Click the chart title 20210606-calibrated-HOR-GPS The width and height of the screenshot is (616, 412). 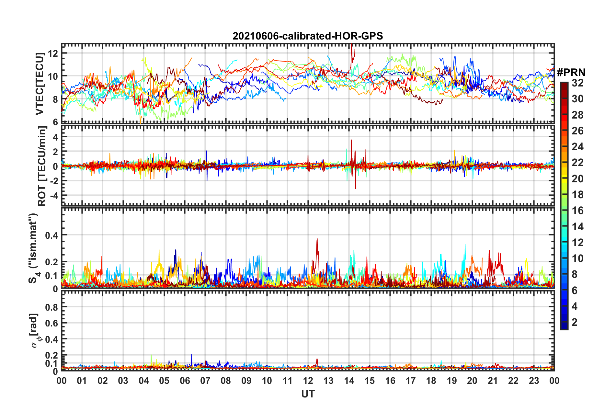click(x=308, y=36)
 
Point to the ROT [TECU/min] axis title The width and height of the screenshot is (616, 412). click(x=42, y=166)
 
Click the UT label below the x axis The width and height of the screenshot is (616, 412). click(x=308, y=394)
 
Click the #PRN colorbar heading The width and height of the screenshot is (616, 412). click(x=571, y=72)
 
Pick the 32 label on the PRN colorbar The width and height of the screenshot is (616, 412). click(x=577, y=83)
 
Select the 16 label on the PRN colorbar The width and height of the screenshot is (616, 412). click(x=577, y=211)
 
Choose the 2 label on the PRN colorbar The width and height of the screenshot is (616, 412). click(x=575, y=322)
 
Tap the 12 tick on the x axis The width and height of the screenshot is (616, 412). click(x=308, y=381)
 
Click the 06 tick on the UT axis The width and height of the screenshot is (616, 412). click(x=185, y=381)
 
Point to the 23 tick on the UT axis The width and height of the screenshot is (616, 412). click(x=534, y=381)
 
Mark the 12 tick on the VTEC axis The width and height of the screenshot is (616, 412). click(x=53, y=53)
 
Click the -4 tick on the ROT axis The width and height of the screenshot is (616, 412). click(x=54, y=196)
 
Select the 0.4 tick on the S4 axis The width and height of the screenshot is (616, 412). click(x=51, y=235)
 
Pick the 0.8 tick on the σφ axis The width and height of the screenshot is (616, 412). click(x=51, y=307)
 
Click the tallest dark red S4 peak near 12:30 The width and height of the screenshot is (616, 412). click(x=317, y=239)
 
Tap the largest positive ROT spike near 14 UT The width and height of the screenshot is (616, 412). click(x=351, y=140)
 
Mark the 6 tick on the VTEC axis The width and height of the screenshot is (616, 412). click(x=55, y=122)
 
